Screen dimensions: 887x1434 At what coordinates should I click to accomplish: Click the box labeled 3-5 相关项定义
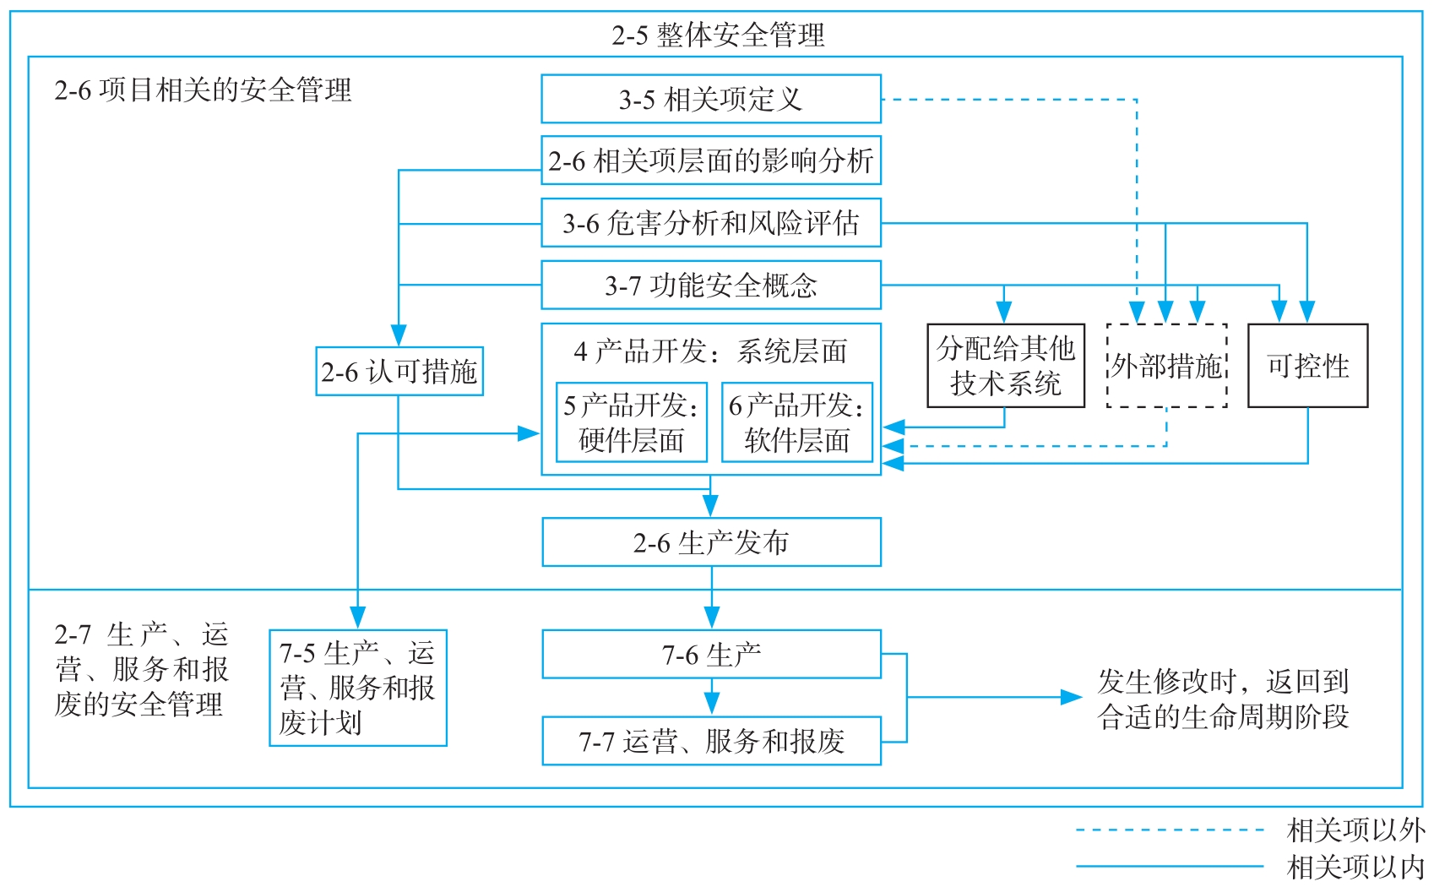pyautogui.click(x=710, y=99)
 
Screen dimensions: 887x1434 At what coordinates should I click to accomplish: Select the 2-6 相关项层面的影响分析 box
pyautogui.click(x=710, y=161)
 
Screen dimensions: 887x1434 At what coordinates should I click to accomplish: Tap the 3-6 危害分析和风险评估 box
pyautogui.click(x=710, y=223)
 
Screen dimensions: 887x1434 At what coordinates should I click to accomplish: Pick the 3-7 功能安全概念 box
pyautogui.click(x=710, y=286)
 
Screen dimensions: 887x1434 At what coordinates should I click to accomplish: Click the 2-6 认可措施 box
pyautogui.click(x=399, y=371)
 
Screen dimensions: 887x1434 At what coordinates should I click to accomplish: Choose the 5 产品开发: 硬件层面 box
pyautogui.click(x=631, y=422)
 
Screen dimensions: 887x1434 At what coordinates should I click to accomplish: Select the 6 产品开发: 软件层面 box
pyautogui.click(x=796, y=422)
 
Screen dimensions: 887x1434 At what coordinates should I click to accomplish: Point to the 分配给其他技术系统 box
pyautogui.click(x=1005, y=366)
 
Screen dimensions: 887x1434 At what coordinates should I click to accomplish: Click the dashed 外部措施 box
pyautogui.click(x=1166, y=366)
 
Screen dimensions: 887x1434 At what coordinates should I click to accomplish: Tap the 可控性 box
pyautogui.click(x=1307, y=366)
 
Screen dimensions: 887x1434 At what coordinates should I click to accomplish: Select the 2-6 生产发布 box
pyautogui.click(x=711, y=542)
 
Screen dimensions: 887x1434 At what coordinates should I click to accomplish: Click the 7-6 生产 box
pyautogui.click(x=711, y=654)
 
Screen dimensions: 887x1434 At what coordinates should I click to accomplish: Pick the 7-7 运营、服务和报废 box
pyautogui.click(x=711, y=741)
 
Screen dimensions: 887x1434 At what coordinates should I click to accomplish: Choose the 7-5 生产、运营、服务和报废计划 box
pyautogui.click(x=357, y=688)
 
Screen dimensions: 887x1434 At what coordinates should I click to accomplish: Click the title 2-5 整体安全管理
pyautogui.click(x=718, y=35)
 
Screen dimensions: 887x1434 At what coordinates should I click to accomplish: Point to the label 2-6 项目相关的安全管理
pyautogui.click(x=203, y=90)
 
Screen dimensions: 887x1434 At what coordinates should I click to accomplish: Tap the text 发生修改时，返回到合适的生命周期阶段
pyautogui.click(x=1223, y=699)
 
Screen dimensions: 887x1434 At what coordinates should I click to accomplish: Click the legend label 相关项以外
pyautogui.click(x=1355, y=830)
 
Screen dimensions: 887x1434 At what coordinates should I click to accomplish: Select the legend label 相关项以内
pyautogui.click(x=1355, y=867)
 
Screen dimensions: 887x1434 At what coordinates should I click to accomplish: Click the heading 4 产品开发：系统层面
pyautogui.click(x=710, y=351)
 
